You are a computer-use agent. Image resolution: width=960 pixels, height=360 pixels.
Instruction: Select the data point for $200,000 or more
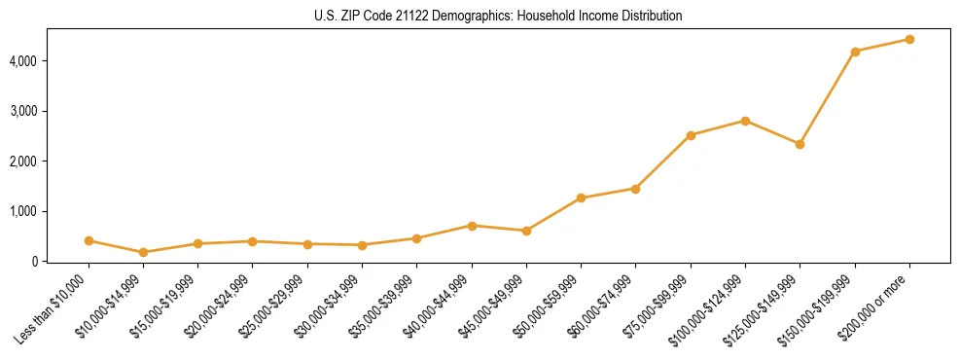click(909, 40)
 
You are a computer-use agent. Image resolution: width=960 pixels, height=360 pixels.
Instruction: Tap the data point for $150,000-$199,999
click(855, 52)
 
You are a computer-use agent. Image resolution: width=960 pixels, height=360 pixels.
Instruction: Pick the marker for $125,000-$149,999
click(800, 144)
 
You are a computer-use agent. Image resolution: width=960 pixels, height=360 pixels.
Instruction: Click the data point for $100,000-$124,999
click(745, 121)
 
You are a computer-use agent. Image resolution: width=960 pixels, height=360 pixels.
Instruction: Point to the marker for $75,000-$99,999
click(691, 135)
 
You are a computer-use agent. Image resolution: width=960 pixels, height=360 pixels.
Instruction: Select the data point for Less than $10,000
click(89, 240)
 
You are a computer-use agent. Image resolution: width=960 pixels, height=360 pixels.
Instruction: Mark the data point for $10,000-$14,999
click(143, 252)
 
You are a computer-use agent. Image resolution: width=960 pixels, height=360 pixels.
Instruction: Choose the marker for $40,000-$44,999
click(472, 226)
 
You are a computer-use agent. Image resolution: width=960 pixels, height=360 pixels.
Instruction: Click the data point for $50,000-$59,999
click(581, 198)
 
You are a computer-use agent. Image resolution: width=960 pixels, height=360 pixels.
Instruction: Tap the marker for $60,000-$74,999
click(635, 189)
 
